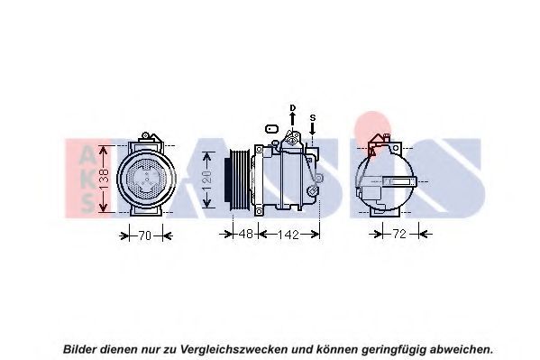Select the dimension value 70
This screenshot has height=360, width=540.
point(145,235)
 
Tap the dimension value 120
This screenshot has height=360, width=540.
point(207,180)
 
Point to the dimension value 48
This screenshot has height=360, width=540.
point(246,235)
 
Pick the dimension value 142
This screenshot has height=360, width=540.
point(288,235)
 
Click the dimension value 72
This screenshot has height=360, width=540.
point(400,235)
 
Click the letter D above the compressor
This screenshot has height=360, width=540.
point(293,108)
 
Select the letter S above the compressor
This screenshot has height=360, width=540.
point(312,117)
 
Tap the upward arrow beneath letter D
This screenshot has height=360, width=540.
point(292,119)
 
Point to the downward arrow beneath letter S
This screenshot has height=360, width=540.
point(312,129)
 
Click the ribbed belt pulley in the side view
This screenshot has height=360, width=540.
point(238,179)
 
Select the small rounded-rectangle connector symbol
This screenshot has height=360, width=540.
point(271,129)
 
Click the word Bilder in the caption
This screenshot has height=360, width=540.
point(79,349)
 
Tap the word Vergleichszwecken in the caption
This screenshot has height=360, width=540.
point(233,350)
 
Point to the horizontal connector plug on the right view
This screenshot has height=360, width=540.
point(399,181)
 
